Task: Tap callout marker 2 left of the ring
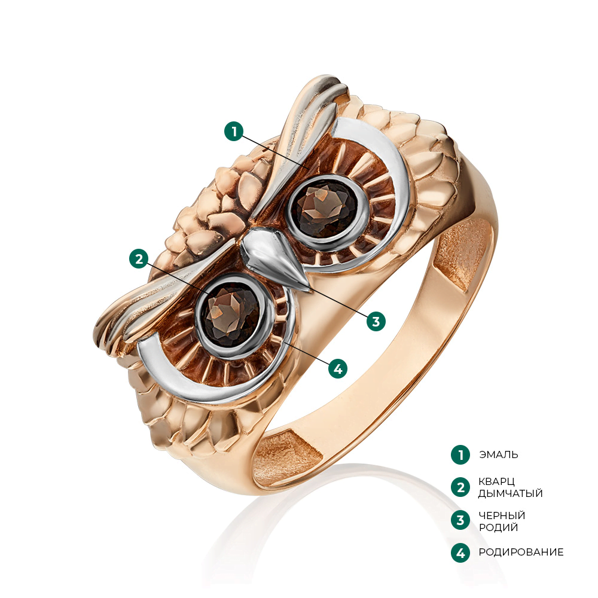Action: point(139,258)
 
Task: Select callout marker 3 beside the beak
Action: point(376,321)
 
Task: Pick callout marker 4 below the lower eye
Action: point(338,368)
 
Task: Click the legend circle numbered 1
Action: point(460,454)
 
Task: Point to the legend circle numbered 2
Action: point(460,487)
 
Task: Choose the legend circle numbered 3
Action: point(460,520)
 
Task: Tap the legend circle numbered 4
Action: point(460,553)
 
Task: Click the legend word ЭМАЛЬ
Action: point(498,454)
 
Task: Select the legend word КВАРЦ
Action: point(497,481)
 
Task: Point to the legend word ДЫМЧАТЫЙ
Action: point(510,493)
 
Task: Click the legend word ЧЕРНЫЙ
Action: point(502,515)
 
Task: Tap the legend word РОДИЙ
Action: point(498,527)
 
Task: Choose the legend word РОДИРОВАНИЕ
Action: point(521,553)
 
